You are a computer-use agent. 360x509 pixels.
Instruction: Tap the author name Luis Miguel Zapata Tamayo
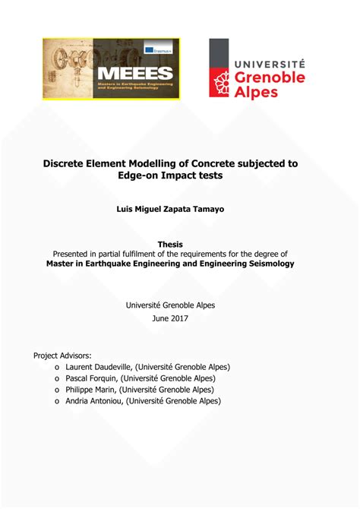[x=179, y=209]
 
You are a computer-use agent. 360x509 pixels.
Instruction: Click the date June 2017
[x=179, y=318]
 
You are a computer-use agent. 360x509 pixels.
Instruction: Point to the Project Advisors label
[x=62, y=355]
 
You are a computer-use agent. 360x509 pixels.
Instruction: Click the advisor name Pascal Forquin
[x=91, y=378]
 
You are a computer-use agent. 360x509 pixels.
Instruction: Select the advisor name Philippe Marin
[x=92, y=390]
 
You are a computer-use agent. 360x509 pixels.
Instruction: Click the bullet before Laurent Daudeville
[x=57, y=368]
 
